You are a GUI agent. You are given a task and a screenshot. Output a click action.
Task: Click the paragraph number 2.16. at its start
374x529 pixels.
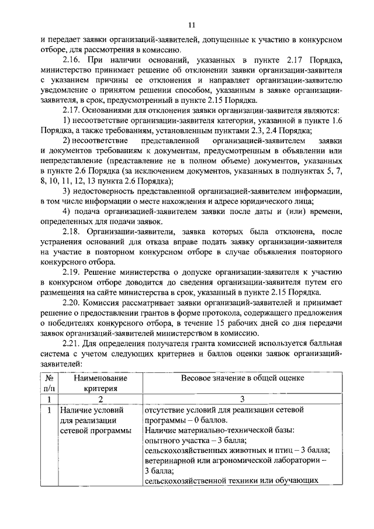click(72, 60)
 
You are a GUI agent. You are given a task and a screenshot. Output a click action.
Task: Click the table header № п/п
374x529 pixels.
click(50, 383)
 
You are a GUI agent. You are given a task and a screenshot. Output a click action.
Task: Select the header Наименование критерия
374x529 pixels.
click(101, 383)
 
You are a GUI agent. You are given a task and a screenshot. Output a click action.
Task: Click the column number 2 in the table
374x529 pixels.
click(101, 399)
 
